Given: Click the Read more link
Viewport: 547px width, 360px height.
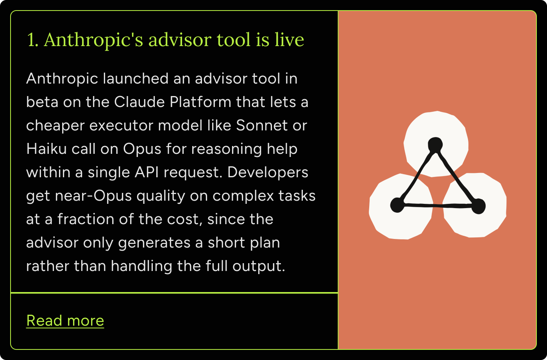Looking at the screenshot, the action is [x=65, y=320].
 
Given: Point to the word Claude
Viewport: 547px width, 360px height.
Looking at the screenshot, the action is [x=139, y=102].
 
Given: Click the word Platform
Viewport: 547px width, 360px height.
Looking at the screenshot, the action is [x=200, y=102].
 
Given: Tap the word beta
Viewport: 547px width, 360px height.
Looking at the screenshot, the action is [x=42, y=102].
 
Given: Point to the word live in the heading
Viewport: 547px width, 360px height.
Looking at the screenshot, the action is [x=290, y=39].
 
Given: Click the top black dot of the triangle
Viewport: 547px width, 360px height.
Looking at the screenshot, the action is [x=435, y=144].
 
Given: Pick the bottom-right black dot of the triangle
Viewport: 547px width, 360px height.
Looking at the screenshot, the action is [x=478, y=206].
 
